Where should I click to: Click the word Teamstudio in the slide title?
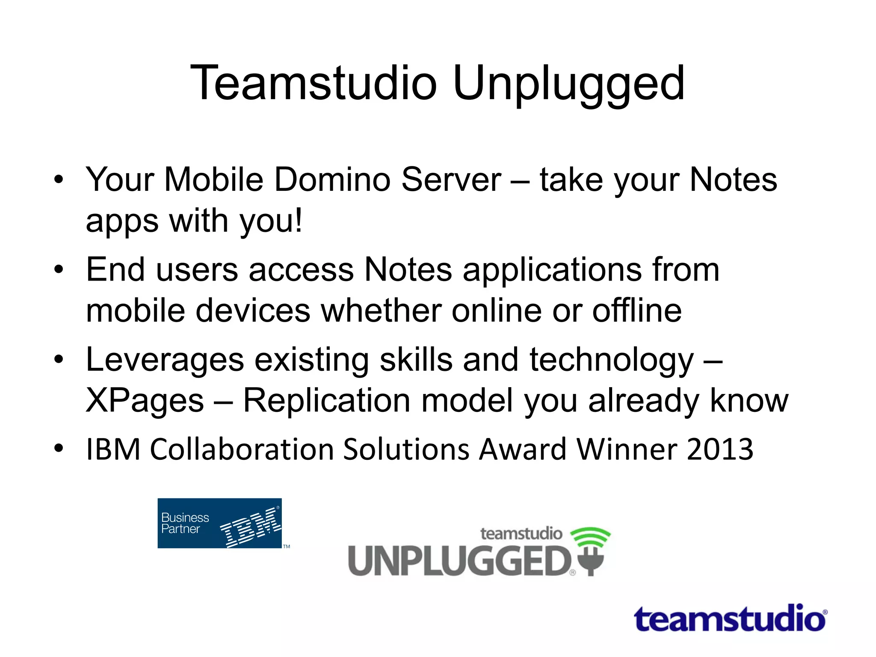tap(314, 83)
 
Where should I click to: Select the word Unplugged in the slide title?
tap(568, 84)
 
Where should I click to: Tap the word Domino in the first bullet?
tap(332, 180)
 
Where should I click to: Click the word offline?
tap(637, 311)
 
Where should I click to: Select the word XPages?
tap(145, 401)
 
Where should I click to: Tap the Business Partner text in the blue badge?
tap(185, 523)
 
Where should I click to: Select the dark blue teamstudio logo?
tap(730, 619)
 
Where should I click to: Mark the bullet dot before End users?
tap(59, 269)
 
